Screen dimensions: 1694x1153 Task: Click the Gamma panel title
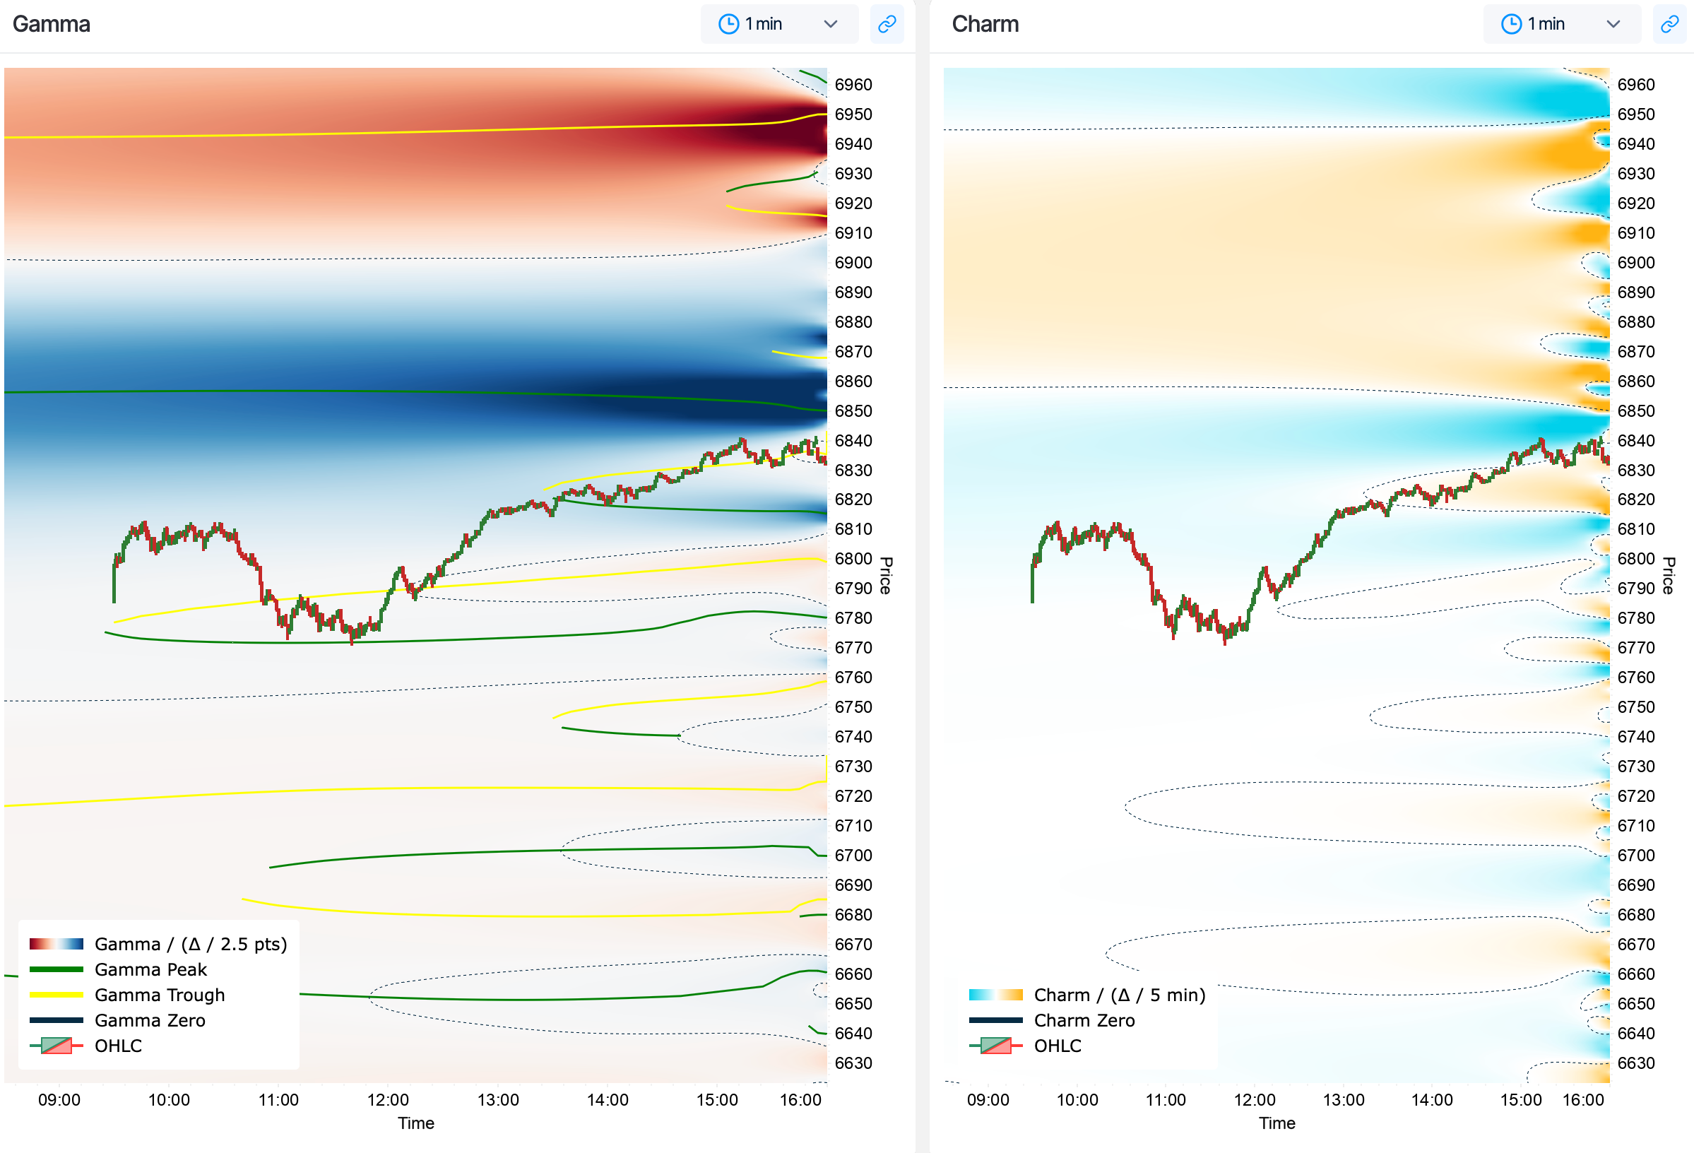(x=51, y=24)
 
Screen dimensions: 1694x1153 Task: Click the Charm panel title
(x=985, y=24)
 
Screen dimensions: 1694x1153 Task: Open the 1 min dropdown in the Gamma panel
(x=778, y=24)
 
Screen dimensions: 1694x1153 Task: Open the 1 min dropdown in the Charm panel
(x=1561, y=24)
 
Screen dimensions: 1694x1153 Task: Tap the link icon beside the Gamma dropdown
(x=887, y=24)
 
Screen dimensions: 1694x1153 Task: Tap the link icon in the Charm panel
(x=1669, y=24)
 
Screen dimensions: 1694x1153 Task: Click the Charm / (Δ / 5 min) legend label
(x=1120, y=995)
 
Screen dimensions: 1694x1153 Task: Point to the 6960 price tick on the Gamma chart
(x=853, y=85)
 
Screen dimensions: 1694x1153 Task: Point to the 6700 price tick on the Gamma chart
(x=853, y=856)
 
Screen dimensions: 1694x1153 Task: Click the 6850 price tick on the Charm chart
(x=1636, y=411)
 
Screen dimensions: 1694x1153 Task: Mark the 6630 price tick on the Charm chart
(x=1636, y=1063)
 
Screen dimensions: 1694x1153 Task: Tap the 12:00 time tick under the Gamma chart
(x=388, y=1100)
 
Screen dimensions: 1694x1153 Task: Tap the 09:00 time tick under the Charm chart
(x=988, y=1100)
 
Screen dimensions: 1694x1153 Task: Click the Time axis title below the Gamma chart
(x=415, y=1123)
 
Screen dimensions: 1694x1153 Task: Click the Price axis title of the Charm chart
(x=1669, y=576)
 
